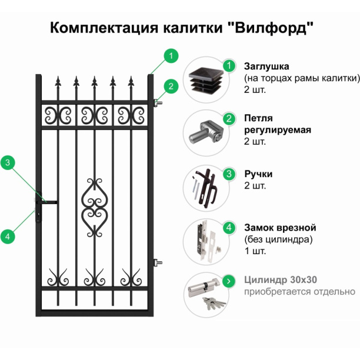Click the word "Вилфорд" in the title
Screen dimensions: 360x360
pyautogui.click(x=271, y=28)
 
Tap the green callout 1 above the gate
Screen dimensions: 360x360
pyautogui.click(x=170, y=56)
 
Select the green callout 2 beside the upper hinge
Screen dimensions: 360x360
pyautogui.click(x=170, y=86)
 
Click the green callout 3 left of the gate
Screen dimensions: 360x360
pyautogui.click(x=8, y=163)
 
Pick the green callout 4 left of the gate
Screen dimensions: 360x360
pyautogui.click(x=8, y=237)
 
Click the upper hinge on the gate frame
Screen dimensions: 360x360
pyautogui.click(x=157, y=104)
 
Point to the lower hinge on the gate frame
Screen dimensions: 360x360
pyautogui.click(x=157, y=262)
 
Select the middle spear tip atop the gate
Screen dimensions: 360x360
pyautogui.click(x=94, y=82)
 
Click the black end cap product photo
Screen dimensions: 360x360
pyautogui.click(x=205, y=82)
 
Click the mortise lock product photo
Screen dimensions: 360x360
pyautogui.click(x=205, y=240)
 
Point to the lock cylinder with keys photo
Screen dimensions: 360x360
pyautogui.click(x=205, y=294)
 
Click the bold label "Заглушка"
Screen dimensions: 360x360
pyautogui.click(x=266, y=65)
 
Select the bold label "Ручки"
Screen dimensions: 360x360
pyautogui.click(x=258, y=174)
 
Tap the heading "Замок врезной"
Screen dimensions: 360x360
pyautogui.click(x=280, y=228)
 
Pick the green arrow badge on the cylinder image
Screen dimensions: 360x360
pyautogui.click(x=226, y=280)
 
